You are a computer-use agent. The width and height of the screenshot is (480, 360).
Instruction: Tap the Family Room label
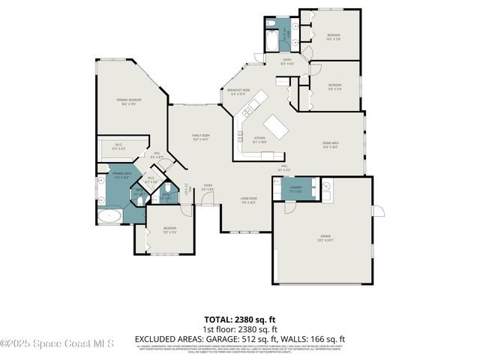pyautogui.click(x=200, y=137)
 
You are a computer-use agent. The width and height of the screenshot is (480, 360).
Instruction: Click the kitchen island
pyautogui.click(x=275, y=127)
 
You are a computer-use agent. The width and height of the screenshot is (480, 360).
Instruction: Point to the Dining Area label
pyautogui.click(x=330, y=144)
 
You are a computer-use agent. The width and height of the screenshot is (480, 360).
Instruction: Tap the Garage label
pyautogui.click(x=322, y=238)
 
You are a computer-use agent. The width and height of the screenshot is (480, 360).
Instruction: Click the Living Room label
pyautogui.click(x=248, y=200)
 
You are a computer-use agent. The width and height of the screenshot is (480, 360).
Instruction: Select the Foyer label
pyautogui.click(x=208, y=187)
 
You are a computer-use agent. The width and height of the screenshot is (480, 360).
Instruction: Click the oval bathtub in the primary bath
pyautogui.click(x=110, y=217)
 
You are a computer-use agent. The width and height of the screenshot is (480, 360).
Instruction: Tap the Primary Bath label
pyautogui.click(x=122, y=177)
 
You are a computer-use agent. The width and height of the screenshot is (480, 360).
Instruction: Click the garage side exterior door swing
pyautogui.click(x=379, y=210)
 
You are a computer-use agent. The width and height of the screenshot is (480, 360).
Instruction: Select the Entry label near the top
pyautogui.click(x=286, y=61)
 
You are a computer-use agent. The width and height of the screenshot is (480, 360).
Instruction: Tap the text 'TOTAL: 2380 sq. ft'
pyautogui.click(x=240, y=319)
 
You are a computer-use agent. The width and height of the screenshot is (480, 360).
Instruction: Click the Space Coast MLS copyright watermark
pyautogui.click(x=57, y=344)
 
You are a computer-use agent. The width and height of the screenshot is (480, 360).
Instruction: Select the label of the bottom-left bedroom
pyautogui.click(x=170, y=229)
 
